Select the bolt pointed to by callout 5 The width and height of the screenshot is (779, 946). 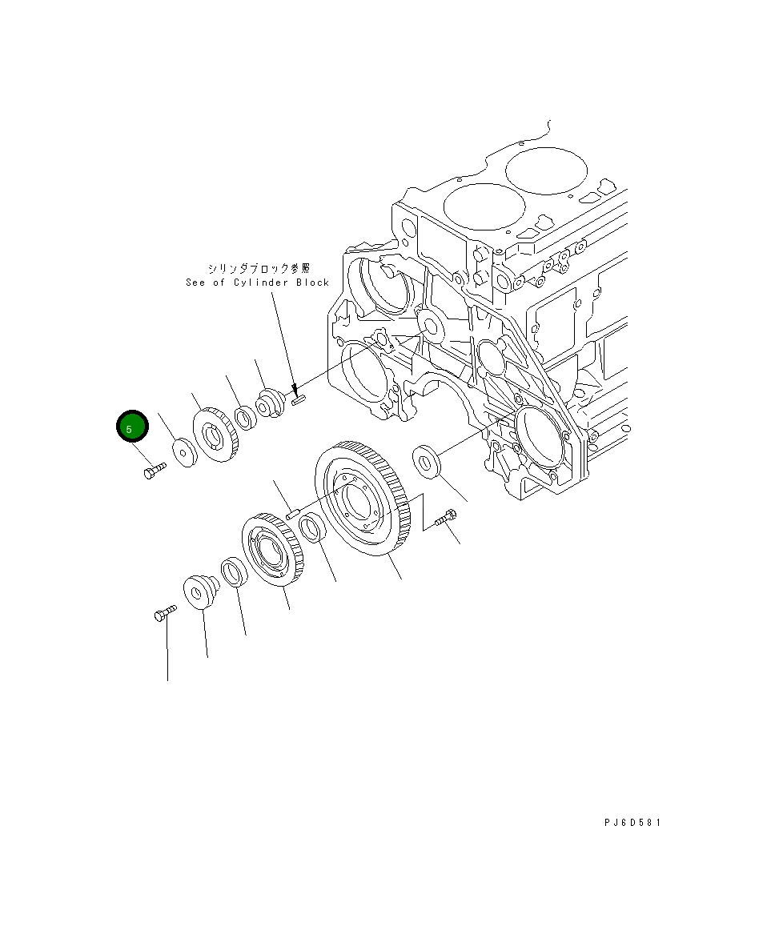[x=153, y=471]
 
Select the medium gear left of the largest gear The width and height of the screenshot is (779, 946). [x=271, y=552]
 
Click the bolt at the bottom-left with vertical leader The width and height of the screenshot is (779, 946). [x=163, y=615]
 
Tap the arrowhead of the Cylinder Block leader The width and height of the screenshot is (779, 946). [x=295, y=392]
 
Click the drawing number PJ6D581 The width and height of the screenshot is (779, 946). [x=632, y=822]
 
